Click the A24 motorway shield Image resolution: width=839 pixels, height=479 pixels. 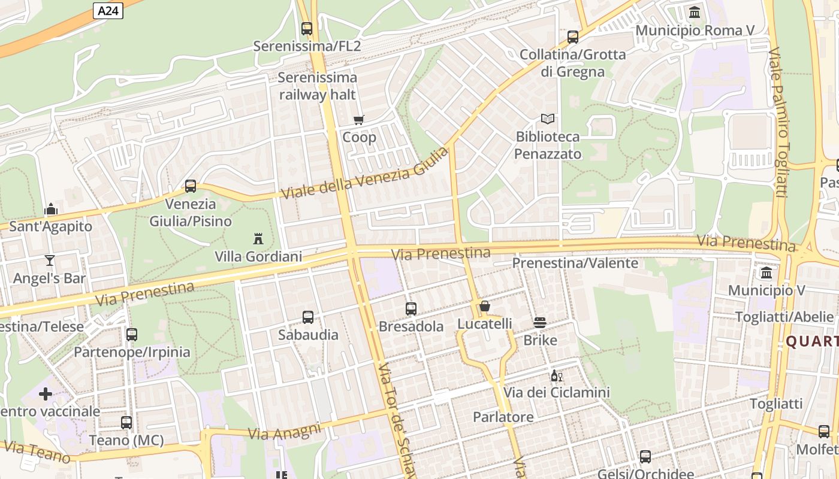tap(108, 10)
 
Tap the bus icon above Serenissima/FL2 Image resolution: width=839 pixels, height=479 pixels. tap(307, 28)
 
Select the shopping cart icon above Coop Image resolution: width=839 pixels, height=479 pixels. tap(359, 120)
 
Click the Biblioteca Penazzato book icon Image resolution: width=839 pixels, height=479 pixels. tap(548, 119)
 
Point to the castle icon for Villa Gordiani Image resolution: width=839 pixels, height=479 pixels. tap(258, 238)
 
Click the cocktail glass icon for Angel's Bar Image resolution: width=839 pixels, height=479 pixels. tap(50, 260)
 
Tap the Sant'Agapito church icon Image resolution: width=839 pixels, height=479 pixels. tap(51, 209)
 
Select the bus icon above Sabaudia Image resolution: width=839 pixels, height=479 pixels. tap(308, 317)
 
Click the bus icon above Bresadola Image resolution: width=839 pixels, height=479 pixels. tap(411, 309)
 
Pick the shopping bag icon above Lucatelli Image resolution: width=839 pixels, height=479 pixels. tap(485, 307)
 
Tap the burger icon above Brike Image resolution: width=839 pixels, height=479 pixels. tap(540, 323)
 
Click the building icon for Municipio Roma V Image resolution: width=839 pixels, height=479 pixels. tap(695, 12)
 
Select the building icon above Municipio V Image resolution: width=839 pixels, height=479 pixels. tap(766, 273)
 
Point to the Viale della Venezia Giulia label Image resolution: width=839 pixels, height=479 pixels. tap(364, 174)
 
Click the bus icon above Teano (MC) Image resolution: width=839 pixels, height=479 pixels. tap(126, 423)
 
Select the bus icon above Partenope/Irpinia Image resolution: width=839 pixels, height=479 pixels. tap(132, 335)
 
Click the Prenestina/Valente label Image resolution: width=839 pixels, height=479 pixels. tap(575, 263)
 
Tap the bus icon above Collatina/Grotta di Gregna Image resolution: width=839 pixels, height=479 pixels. tap(573, 37)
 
